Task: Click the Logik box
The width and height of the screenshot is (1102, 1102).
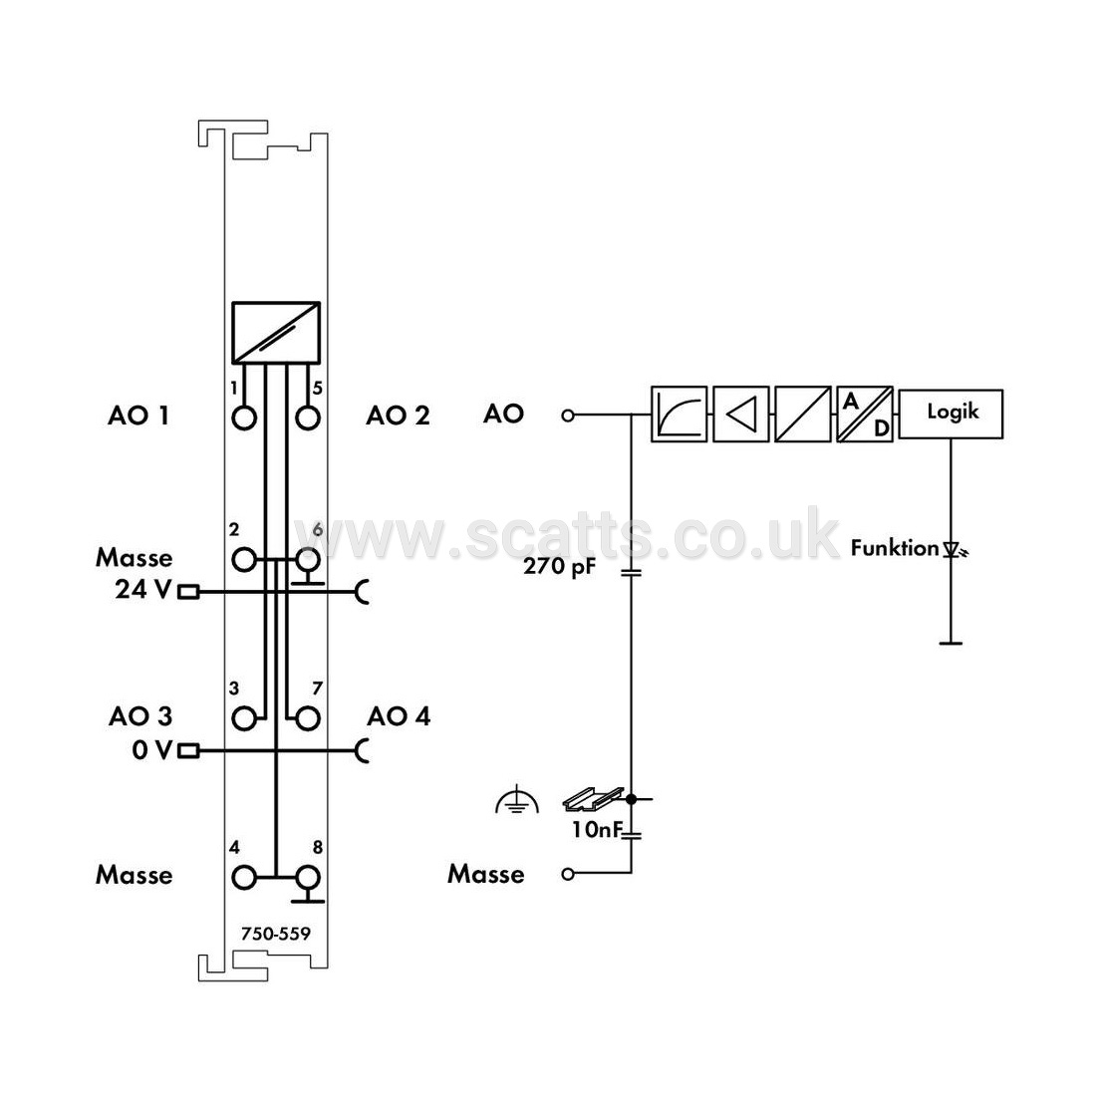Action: point(951,413)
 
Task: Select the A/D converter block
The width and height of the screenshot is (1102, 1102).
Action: point(865,413)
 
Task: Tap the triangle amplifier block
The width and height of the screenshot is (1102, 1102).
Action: point(740,413)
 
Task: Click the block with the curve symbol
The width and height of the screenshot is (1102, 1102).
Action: point(679,413)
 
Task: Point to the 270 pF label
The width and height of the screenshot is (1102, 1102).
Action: point(559,566)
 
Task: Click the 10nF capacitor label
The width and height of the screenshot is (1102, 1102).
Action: point(597,829)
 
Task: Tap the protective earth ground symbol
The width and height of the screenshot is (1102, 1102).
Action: point(517,800)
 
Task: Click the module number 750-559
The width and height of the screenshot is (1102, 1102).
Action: point(275,934)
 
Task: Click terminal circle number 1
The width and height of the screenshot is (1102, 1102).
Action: point(244,418)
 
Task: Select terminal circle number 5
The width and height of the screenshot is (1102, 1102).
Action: point(308,418)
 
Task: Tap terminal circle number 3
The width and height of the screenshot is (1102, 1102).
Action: point(244,719)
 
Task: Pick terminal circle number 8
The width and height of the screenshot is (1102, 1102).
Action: point(308,878)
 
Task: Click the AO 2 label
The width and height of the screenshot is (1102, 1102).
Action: point(398,415)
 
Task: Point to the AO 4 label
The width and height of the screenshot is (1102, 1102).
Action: point(399,716)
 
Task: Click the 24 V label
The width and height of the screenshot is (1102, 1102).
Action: point(143,589)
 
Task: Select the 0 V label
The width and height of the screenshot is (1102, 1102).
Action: point(151,750)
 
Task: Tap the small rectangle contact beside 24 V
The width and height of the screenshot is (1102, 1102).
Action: point(188,593)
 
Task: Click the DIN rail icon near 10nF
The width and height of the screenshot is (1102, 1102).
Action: point(593,798)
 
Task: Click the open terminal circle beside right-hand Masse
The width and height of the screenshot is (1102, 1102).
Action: point(568,874)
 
